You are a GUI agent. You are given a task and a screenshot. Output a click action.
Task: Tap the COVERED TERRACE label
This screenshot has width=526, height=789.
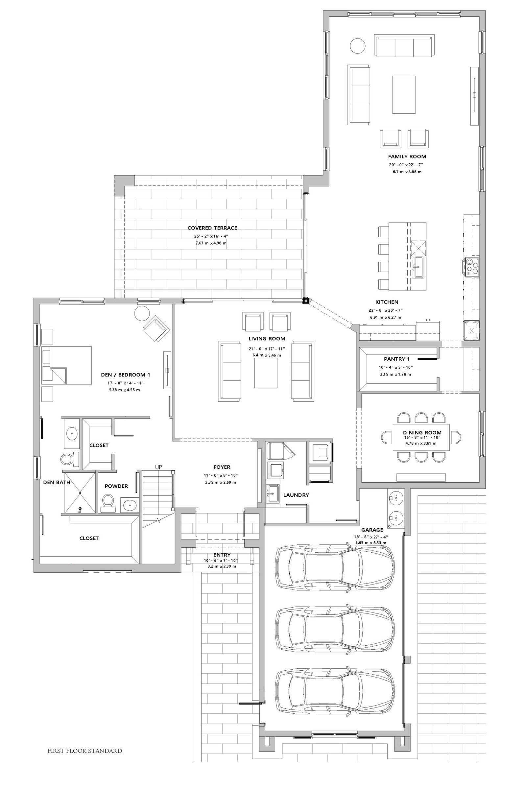tap(212, 228)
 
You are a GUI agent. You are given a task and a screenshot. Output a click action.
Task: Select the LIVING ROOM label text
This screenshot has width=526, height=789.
tap(267, 339)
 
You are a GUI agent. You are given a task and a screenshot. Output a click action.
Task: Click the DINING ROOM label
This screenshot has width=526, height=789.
tap(422, 432)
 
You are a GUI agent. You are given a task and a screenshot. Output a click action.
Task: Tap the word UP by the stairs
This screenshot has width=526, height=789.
tap(159, 466)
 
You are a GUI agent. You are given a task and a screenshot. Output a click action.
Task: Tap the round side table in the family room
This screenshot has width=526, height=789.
tap(358, 45)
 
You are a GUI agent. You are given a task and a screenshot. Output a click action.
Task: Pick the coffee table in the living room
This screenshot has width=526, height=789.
tap(266, 373)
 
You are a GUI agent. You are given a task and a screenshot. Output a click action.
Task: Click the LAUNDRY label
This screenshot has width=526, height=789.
tap(296, 495)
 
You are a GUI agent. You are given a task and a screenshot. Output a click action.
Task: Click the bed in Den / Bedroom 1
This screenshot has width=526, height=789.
tap(67, 365)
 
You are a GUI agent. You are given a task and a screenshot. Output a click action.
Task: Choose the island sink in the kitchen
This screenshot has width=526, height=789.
tap(418, 267)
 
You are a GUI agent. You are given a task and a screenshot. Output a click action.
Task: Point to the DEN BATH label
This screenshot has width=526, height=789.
tap(57, 482)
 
